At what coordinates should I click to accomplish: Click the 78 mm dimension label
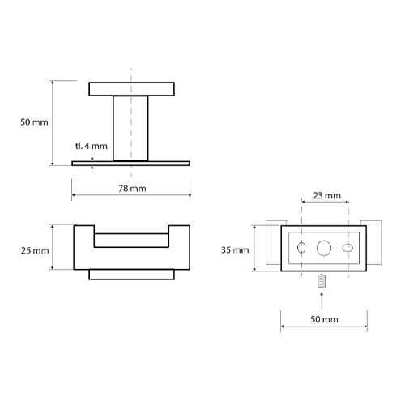[132, 189]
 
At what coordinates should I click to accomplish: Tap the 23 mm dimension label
[327, 195]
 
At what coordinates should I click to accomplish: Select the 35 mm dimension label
[235, 250]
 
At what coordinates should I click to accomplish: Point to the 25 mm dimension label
[35, 250]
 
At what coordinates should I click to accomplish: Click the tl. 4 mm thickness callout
[92, 146]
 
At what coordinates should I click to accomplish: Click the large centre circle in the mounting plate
[324, 248]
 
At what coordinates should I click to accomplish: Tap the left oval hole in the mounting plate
[301, 248]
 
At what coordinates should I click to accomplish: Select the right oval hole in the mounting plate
[347, 248]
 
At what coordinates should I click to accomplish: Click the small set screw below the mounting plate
[322, 281]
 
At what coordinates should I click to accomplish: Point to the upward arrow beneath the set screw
[322, 301]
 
